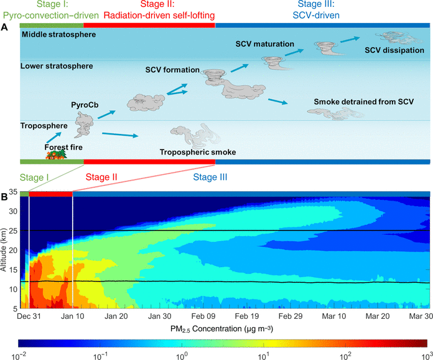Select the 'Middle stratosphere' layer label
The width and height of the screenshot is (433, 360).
coord(58,34)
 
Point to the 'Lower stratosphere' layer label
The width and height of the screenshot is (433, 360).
coord(57,65)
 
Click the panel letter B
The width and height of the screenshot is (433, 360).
coord(5,196)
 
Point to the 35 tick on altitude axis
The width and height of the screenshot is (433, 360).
coord(14,192)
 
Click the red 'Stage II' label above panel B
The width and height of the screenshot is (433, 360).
coord(101,177)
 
